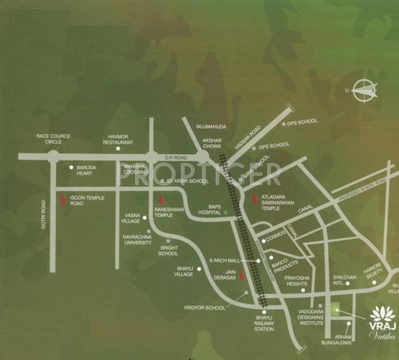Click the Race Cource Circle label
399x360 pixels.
coord(53,139)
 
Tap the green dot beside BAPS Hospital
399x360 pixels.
coord(225,213)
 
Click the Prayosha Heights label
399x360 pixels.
coord(302,279)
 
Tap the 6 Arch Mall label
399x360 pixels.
coord(223,261)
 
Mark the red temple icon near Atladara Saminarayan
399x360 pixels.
coord(255,197)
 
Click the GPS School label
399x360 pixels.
coord(273,147)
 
